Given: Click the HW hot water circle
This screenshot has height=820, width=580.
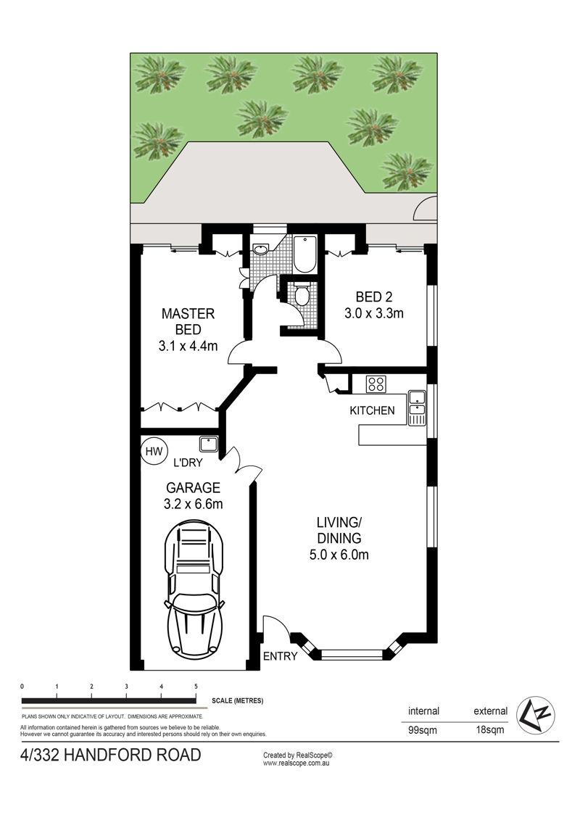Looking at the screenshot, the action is click(154, 451).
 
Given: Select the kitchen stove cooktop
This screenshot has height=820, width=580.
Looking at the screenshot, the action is click(376, 384).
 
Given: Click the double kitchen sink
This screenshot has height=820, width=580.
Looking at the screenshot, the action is click(417, 407).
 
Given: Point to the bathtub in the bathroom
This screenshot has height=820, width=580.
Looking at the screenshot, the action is click(304, 254).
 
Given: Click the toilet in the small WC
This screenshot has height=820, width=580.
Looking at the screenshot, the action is click(302, 295).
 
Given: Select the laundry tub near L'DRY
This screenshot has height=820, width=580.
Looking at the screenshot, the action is click(209, 444).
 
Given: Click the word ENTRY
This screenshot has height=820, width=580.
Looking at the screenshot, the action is click(280, 656).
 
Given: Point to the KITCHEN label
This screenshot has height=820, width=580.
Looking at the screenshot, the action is click(373, 410).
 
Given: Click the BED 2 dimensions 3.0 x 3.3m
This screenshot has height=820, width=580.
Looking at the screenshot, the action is click(373, 313).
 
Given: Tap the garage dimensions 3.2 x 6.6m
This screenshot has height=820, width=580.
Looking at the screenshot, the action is click(193, 504).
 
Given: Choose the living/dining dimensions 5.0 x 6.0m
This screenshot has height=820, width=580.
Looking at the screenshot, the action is click(339, 555).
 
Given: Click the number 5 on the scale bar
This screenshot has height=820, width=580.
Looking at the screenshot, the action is click(196, 687).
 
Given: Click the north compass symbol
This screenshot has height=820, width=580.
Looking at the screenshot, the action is click(536, 715).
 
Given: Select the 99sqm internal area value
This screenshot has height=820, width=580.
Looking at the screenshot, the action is click(423, 730).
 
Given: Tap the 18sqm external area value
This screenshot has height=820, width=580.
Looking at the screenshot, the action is click(490, 730).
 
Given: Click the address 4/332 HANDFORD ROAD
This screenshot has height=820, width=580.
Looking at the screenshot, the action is click(110, 755).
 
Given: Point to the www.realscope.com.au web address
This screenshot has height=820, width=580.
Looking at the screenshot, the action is click(296, 763).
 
